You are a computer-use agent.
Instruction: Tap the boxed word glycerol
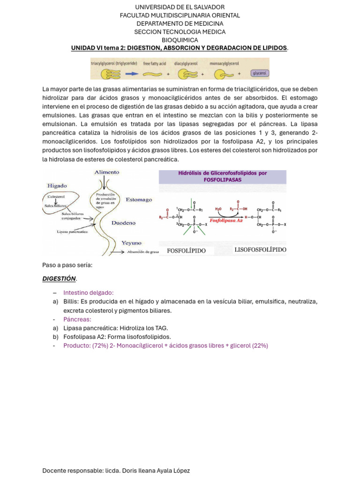259,73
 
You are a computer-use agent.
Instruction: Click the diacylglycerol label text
186,63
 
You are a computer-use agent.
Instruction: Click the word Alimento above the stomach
107,172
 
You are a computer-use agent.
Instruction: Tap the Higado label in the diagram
57,186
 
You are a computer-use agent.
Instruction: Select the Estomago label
139,200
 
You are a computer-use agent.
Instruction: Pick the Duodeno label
124,223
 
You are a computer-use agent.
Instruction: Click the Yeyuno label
131,243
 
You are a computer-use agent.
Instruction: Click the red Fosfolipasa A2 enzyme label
226,220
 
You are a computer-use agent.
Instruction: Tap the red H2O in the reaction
218,209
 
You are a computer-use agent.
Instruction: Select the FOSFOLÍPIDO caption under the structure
186,250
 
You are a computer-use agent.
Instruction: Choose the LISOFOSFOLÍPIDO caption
260,250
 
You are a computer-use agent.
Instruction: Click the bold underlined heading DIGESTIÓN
59,278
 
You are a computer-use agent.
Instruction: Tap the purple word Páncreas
77,319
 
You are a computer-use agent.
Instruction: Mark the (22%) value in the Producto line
260,345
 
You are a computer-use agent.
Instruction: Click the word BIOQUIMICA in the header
180,40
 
